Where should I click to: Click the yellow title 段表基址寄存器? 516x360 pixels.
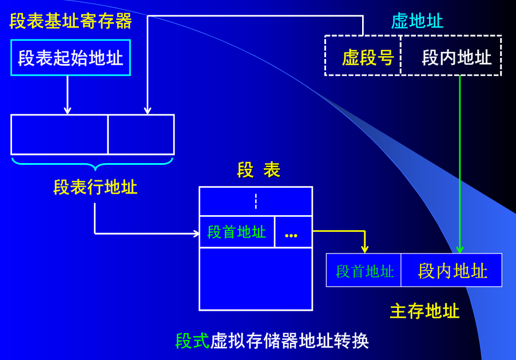tap(71, 21)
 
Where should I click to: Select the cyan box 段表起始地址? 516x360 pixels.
tap(70, 58)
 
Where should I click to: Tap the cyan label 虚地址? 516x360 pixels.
tap(416, 21)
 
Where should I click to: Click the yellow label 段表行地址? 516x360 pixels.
tap(95, 187)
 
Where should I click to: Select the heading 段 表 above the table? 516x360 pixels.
tap(259, 170)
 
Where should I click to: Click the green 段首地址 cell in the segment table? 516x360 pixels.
tap(237, 232)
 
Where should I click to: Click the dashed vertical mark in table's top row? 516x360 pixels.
tap(256, 201)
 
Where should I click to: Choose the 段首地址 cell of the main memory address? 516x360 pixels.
tap(364, 271)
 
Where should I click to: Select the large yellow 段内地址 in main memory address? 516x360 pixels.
tap(453, 271)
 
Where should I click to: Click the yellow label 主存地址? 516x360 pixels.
tap(424, 311)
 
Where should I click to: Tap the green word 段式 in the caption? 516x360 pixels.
tap(192, 341)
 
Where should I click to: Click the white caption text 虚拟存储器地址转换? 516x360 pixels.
tap(289, 341)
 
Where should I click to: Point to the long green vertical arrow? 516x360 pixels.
tap(459, 166)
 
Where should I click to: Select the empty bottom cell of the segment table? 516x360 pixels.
tap(256, 279)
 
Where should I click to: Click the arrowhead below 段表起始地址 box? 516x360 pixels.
tap(68, 110)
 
